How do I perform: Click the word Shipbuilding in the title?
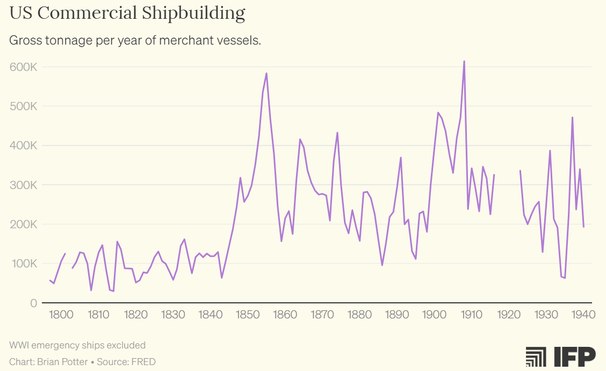coord(193,13)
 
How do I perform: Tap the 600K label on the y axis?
coord(23,67)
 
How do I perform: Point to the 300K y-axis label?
coord(23,185)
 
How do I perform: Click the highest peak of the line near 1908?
coord(464,61)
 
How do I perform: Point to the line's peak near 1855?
coord(266,73)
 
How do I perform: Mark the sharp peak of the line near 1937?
coord(572,118)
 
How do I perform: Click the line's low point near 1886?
coord(382,265)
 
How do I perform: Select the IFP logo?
coord(560,357)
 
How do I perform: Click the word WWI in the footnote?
coord(19,345)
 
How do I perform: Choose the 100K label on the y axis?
coord(23,264)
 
